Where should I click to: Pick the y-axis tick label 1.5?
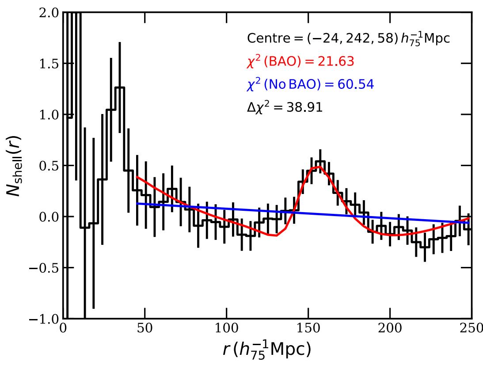[48, 64]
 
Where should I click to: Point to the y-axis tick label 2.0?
[48, 13]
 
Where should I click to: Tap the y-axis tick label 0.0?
[48, 217]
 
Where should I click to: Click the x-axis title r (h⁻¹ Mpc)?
[266, 350]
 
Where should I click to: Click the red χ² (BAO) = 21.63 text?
[300, 61]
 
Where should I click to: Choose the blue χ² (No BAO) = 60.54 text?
[310, 84]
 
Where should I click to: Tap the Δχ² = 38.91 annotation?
[285, 107]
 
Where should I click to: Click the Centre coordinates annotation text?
[348, 38]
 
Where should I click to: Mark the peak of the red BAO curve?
[318, 167]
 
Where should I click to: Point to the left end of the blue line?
[137, 203]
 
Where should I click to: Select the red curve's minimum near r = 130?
[276, 236]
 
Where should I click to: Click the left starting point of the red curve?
[137, 177]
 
